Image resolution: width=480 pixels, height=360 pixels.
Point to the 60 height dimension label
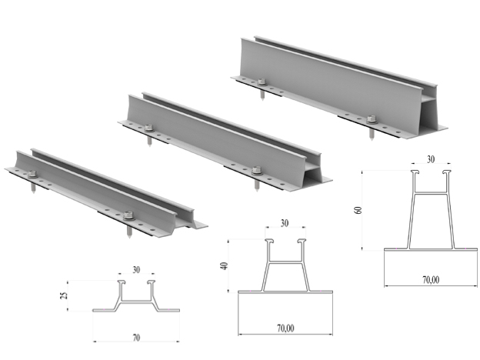click(359, 209)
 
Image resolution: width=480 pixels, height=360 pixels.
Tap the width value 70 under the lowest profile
click(135, 337)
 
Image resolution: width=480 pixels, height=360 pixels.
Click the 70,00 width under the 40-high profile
click(285, 328)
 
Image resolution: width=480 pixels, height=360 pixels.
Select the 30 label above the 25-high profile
click(135, 270)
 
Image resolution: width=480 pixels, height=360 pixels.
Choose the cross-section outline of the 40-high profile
click(285, 269)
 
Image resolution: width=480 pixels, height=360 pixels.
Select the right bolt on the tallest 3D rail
click(372, 119)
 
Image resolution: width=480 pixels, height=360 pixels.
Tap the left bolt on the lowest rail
click(33, 174)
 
